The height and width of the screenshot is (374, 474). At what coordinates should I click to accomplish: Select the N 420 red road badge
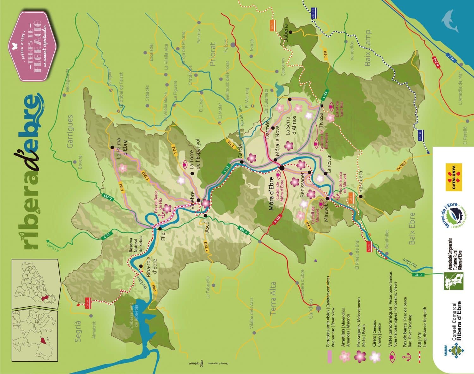pyautogui.click(x=277, y=220)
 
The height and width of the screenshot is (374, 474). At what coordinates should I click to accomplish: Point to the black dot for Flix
pyautogui.click(x=160, y=228)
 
